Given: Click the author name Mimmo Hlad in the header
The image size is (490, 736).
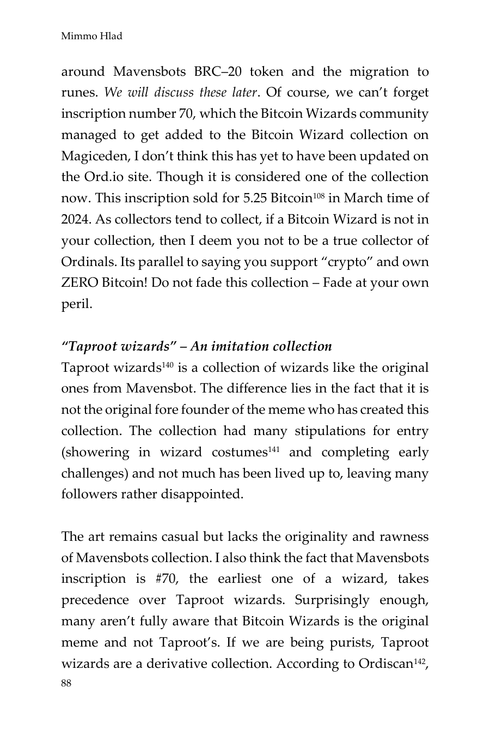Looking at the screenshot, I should [x=91, y=37].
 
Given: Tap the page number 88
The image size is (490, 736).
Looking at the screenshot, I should [x=66, y=684].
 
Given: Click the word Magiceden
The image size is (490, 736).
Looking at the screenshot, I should [x=90, y=156].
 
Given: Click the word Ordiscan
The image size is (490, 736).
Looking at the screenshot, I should [x=385, y=664].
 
